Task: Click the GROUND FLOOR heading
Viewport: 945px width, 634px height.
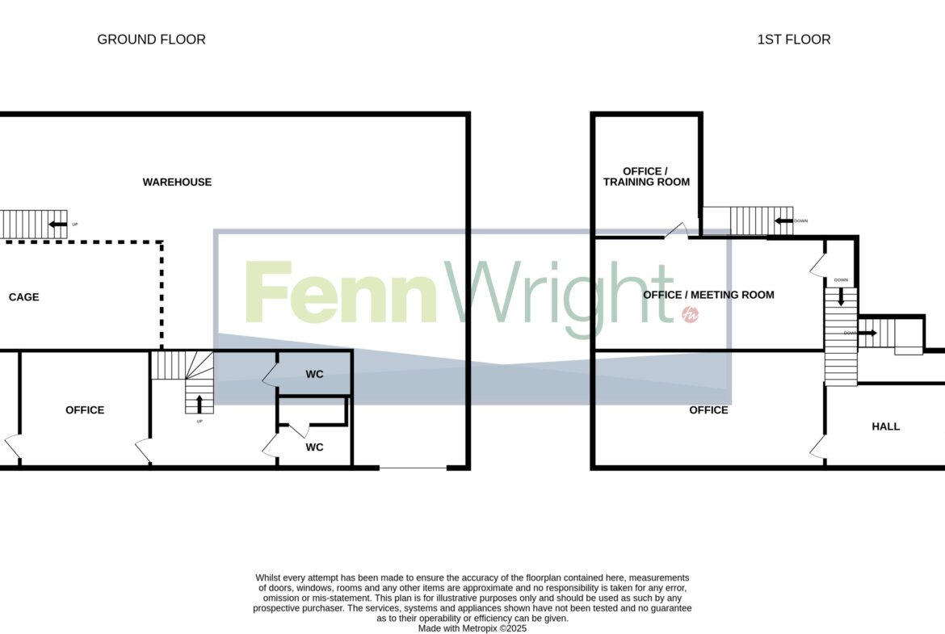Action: [x=151, y=40]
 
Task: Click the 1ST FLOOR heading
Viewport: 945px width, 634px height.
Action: [x=794, y=40]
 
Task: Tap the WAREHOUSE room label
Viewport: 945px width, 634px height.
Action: [x=177, y=182]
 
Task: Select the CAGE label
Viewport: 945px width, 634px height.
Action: [x=24, y=297]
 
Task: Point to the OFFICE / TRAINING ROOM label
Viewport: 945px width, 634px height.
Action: [x=646, y=177]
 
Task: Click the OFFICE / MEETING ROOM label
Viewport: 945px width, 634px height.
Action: [x=709, y=295]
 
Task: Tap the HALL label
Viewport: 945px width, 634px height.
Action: [x=886, y=426]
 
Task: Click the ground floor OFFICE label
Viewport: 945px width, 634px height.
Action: [x=85, y=410]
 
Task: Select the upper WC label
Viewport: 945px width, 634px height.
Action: [x=315, y=374]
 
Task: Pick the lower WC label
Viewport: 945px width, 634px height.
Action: [x=315, y=447]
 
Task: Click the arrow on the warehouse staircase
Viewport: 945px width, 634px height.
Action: [x=58, y=225]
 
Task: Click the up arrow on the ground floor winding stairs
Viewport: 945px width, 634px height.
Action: [x=199, y=404]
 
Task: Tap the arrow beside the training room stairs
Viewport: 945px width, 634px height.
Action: [x=783, y=221]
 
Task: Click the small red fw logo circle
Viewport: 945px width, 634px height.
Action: [x=690, y=314]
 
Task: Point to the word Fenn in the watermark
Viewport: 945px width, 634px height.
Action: [x=341, y=292]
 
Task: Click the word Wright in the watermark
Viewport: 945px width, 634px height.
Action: [x=559, y=297]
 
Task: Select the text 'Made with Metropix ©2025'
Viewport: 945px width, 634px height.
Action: [x=472, y=628]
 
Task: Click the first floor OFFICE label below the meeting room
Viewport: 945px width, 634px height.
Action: [x=709, y=410]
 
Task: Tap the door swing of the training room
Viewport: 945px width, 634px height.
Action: [x=676, y=230]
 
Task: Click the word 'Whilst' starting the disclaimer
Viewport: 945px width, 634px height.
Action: [x=267, y=578]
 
